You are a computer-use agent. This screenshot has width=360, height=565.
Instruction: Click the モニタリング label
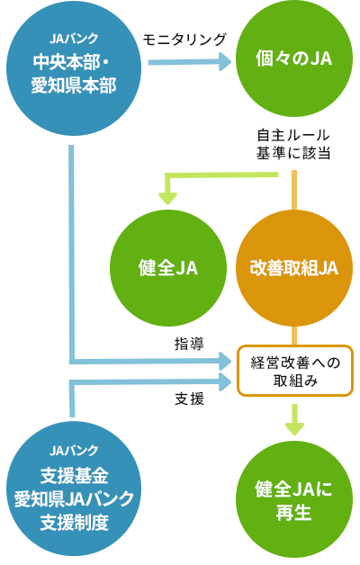click(184, 40)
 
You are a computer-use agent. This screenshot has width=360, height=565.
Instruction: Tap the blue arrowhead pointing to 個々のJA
click(224, 62)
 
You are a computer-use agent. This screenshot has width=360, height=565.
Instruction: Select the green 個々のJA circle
click(294, 58)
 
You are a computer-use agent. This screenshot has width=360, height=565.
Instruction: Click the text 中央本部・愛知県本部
click(74, 74)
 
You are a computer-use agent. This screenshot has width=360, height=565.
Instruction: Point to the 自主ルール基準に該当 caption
click(293, 145)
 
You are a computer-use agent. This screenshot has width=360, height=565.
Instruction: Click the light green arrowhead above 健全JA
click(167, 199)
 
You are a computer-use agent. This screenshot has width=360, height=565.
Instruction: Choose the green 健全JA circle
click(168, 268)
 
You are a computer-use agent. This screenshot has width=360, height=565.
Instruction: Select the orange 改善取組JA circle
click(294, 268)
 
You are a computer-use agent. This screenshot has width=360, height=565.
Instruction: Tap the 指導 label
click(189, 344)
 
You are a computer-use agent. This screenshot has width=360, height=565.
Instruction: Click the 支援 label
click(189, 399)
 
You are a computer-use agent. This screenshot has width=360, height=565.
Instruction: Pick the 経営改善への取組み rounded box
click(295, 371)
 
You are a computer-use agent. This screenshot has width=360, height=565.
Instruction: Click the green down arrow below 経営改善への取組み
click(295, 420)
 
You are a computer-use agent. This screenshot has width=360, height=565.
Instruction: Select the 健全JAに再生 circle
click(294, 499)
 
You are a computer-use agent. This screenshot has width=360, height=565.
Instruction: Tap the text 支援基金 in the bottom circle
click(74, 476)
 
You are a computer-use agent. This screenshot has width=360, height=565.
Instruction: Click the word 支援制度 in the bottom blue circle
click(74, 523)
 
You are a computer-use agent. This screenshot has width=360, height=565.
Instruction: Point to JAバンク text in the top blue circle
click(74, 39)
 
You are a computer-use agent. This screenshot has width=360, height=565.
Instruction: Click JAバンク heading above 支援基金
click(74, 451)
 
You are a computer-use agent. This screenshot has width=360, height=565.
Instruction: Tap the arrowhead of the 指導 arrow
click(224, 361)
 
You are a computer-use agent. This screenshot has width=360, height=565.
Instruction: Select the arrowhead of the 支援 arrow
click(224, 382)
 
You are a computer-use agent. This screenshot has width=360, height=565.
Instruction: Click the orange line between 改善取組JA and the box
click(294, 336)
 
